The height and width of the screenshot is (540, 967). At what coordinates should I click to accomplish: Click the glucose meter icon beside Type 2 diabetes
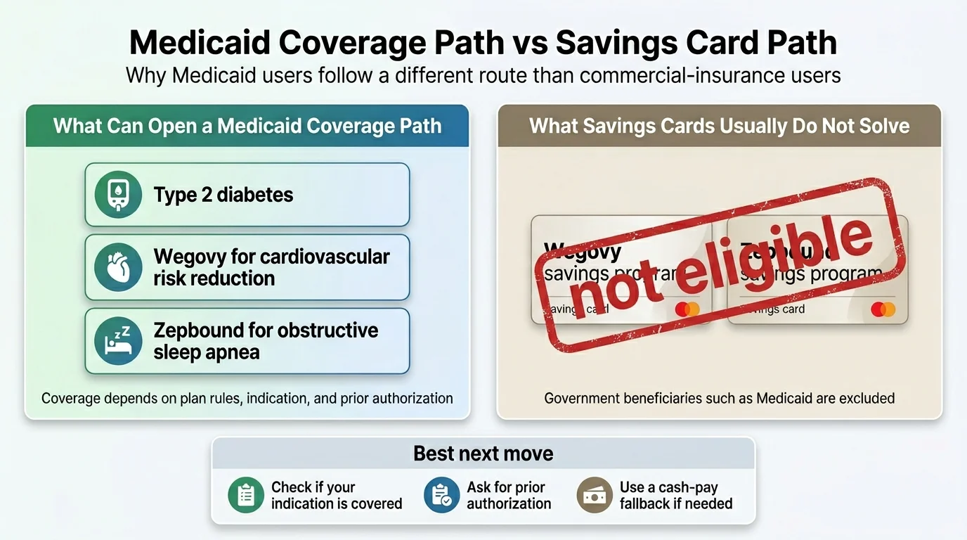(x=119, y=195)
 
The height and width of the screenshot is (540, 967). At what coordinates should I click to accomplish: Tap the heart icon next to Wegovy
(x=119, y=267)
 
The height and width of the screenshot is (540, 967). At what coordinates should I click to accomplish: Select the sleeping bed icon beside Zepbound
(x=119, y=340)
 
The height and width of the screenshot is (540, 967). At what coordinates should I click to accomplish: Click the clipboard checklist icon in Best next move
(x=246, y=495)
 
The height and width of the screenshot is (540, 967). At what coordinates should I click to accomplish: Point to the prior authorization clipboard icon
(x=441, y=495)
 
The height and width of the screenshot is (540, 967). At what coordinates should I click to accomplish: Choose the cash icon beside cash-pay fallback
(x=595, y=495)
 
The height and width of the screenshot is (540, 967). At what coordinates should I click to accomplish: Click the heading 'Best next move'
(x=483, y=454)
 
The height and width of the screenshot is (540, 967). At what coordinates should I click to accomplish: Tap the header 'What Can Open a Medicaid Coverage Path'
(x=247, y=126)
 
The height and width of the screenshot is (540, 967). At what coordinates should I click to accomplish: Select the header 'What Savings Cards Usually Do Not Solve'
(x=719, y=126)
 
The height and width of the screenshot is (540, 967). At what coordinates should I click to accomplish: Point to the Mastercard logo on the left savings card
(x=687, y=309)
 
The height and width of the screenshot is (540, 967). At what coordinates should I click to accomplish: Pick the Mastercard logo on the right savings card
(x=883, y=309)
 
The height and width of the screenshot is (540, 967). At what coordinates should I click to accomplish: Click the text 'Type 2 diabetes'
(x=223, y=195)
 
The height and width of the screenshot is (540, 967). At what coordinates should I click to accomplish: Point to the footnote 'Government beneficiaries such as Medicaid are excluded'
(x=719, y=399)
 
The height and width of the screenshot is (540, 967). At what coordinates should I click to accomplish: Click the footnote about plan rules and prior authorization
(x=247, y=399)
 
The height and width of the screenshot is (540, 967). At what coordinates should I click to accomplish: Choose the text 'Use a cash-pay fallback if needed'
(x=675, y=495)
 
